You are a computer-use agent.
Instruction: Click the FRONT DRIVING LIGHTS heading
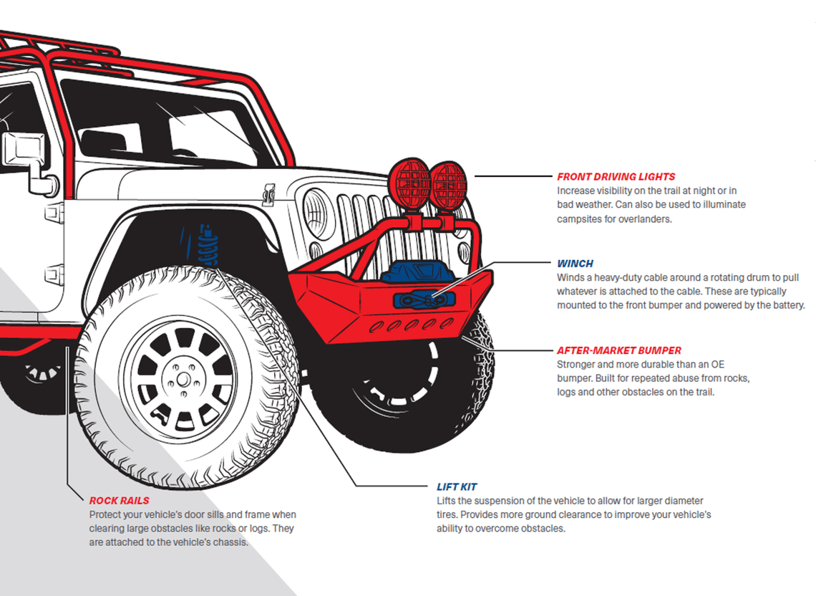[616, 176]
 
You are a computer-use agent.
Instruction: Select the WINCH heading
[575, 264]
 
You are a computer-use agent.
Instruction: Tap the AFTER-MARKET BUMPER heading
[619, 350]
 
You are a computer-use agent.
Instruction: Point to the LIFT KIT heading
[457, 486]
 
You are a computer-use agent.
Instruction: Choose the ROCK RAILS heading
[119, 501]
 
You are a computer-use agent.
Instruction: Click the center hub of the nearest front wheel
[181, 378]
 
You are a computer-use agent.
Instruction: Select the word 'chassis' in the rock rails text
[232, 542]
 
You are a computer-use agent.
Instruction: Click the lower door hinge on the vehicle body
[53, 275]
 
